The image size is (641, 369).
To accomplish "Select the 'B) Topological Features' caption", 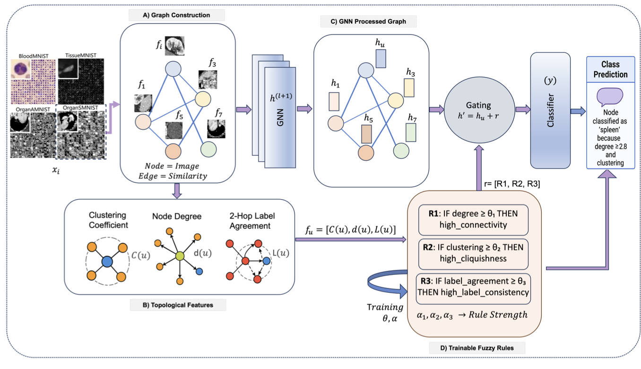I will point(178,305).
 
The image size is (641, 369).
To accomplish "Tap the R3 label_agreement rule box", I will point(473,286).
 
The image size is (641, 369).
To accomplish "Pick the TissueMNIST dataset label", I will point(80,55).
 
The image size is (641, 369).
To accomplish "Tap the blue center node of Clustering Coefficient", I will point(107,261).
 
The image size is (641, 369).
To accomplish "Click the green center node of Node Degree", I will point(179,255).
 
